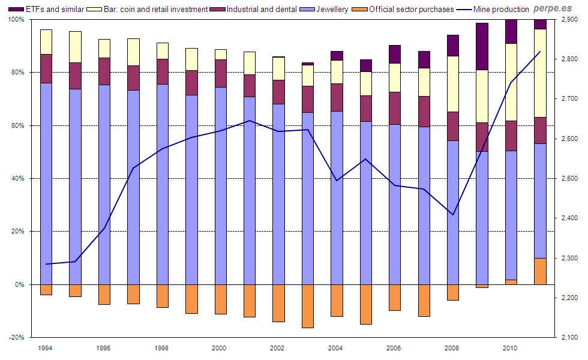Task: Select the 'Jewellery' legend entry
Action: coord(328,10)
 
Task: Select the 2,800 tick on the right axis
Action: coord(570,59)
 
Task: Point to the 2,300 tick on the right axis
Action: coord(570,259)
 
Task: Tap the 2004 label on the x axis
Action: coord(335,348)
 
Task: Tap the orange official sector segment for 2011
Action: coord(540,271)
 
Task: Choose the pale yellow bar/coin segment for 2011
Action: coord(540,73)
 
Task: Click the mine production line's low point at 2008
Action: coord(454,215)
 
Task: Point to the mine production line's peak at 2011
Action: coord(540,52)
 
